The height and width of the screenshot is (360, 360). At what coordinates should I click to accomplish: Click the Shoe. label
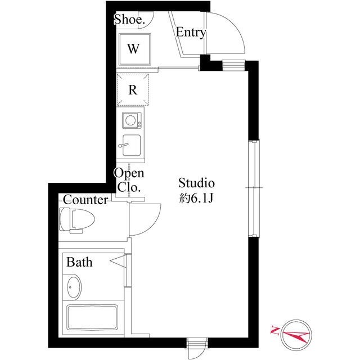tap(129, 20)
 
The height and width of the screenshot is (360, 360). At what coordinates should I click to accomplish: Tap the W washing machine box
tap(133, 48)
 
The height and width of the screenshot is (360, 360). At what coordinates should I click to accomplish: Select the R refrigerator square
tap(133, 89)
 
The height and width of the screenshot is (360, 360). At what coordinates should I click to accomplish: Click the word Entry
tap(191, 33)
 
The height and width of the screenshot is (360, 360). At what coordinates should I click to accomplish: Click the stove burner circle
tap(132, 119)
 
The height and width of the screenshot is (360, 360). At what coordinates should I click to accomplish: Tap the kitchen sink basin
tap(131, 145)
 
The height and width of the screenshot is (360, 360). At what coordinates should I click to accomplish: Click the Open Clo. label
tap(129, 179)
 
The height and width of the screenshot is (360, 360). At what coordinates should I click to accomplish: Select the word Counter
tap(85, 200)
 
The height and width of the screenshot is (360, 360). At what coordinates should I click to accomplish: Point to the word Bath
tap(79, 262)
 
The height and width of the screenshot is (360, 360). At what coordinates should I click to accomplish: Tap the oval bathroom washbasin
tap(73, 288)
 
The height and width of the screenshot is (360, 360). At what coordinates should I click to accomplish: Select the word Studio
tap(197, 183)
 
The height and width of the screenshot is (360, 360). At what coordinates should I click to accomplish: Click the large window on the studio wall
tap(254, 188)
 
